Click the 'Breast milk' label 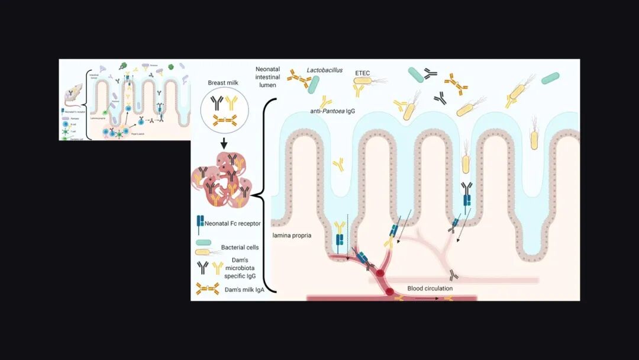pyautogui.click(x=222, y=83)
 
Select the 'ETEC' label pyautogui.click(x=363, y=72)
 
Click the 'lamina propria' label pyautogui.click(x=291, y=236)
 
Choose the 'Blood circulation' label pyautogui.click(x=430, y=288)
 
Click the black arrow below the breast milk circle pyautogui.click(x=223, y=144)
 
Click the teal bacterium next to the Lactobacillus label pyautogui.click(x=314, y=85)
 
